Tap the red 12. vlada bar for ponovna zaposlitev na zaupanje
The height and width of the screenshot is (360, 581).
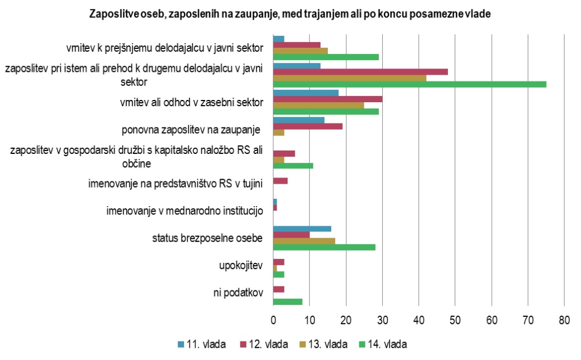coord(308,126)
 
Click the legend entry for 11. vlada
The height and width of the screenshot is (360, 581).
coord(203,344)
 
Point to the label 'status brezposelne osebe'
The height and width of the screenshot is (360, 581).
coord(208,238)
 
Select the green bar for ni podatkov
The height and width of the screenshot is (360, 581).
coord(287,302)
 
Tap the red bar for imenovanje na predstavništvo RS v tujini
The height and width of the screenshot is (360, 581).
coord(280,181)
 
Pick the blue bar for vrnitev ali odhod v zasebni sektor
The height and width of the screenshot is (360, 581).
coord(305,93)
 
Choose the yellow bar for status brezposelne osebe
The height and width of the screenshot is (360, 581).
coord(304,241)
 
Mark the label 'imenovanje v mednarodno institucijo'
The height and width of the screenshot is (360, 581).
coord(185,212)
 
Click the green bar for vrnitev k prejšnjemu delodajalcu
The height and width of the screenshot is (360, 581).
coord(326,57)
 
